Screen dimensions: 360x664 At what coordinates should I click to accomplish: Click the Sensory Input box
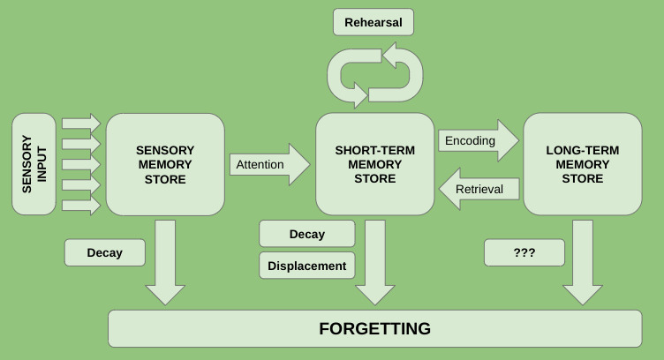pos(34,165)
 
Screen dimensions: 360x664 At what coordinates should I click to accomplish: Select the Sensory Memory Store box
pos(165,165)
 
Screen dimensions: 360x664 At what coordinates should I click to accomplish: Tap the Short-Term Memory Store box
pos(374,165)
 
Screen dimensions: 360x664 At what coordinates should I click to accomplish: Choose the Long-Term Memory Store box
pos(582,165)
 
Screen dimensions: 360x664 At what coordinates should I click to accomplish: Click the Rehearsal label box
pos(373,22)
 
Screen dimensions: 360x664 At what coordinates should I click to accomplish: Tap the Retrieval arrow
pos(478,189)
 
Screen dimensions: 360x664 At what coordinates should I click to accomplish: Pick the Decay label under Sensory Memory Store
pos(105,253)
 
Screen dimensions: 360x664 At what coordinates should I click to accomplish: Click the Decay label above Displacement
pos(307,234)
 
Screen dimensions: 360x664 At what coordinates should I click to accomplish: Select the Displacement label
pos(307,266)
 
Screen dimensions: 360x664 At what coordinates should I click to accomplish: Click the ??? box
pos(524,253)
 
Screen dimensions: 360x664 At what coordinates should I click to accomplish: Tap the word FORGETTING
pos(374,329)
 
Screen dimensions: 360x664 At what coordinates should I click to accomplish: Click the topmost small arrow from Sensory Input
pos(82,122)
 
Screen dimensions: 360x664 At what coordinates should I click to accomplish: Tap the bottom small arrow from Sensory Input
pos(82,206)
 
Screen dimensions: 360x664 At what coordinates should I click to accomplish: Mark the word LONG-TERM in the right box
pos(582,150)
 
